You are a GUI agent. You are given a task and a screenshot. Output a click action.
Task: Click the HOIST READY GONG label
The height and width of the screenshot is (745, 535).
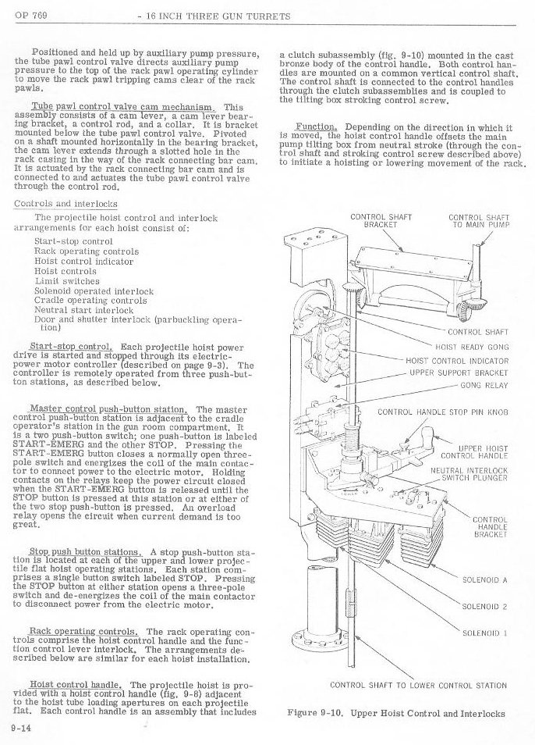tap(472, 346)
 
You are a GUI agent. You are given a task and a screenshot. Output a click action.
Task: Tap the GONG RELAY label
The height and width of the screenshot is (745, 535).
tap(484, 385)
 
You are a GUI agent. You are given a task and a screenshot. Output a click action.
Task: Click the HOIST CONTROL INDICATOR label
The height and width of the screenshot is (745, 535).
tap(458, 361)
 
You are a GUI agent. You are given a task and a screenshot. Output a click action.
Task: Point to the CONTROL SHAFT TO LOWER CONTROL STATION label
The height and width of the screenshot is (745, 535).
tap(418, 686)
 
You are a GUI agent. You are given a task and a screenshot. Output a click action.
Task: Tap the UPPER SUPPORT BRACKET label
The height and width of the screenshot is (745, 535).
tap(460, 372)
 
